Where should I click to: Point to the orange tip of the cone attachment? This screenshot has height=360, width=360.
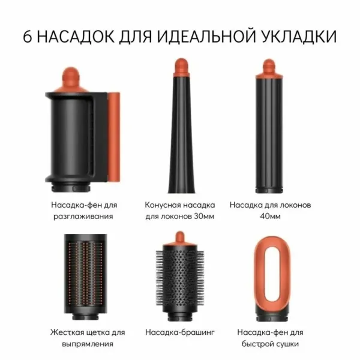[x=180, y=65]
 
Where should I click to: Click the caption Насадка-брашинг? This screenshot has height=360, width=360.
[x=179, y=331]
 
